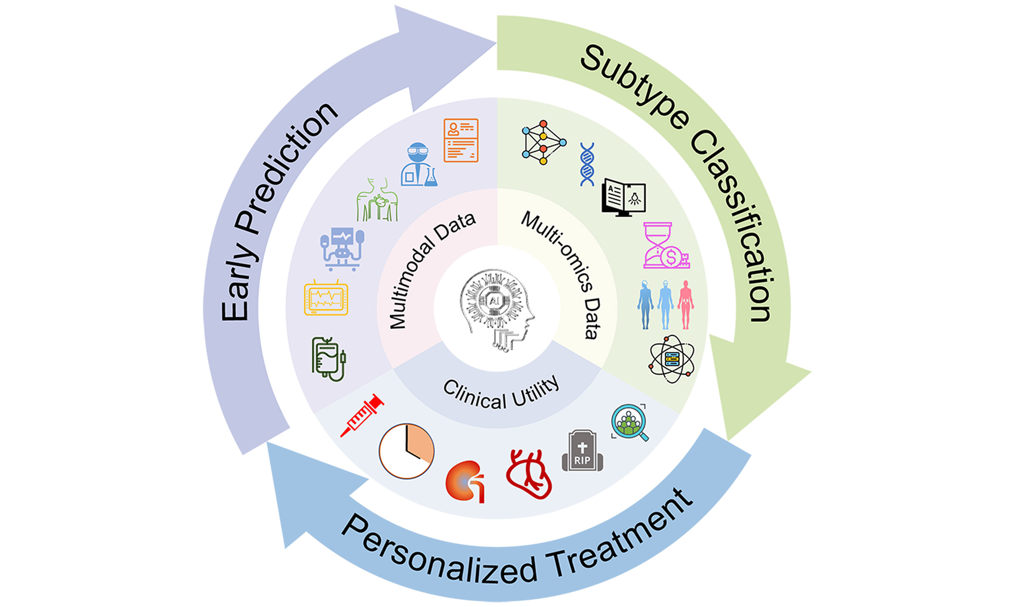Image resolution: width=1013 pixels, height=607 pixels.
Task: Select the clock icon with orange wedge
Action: point(406,451)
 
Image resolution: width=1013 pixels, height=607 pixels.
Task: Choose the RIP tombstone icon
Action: point(582,451)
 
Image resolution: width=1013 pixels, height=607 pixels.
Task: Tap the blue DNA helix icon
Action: point(587,164)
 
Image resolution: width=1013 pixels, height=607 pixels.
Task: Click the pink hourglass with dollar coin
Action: point(665,245)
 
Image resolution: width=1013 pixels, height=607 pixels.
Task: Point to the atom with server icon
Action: point(672,359)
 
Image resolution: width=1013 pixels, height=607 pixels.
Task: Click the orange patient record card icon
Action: point(461,140)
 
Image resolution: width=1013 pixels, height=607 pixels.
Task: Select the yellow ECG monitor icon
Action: point(326,299)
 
